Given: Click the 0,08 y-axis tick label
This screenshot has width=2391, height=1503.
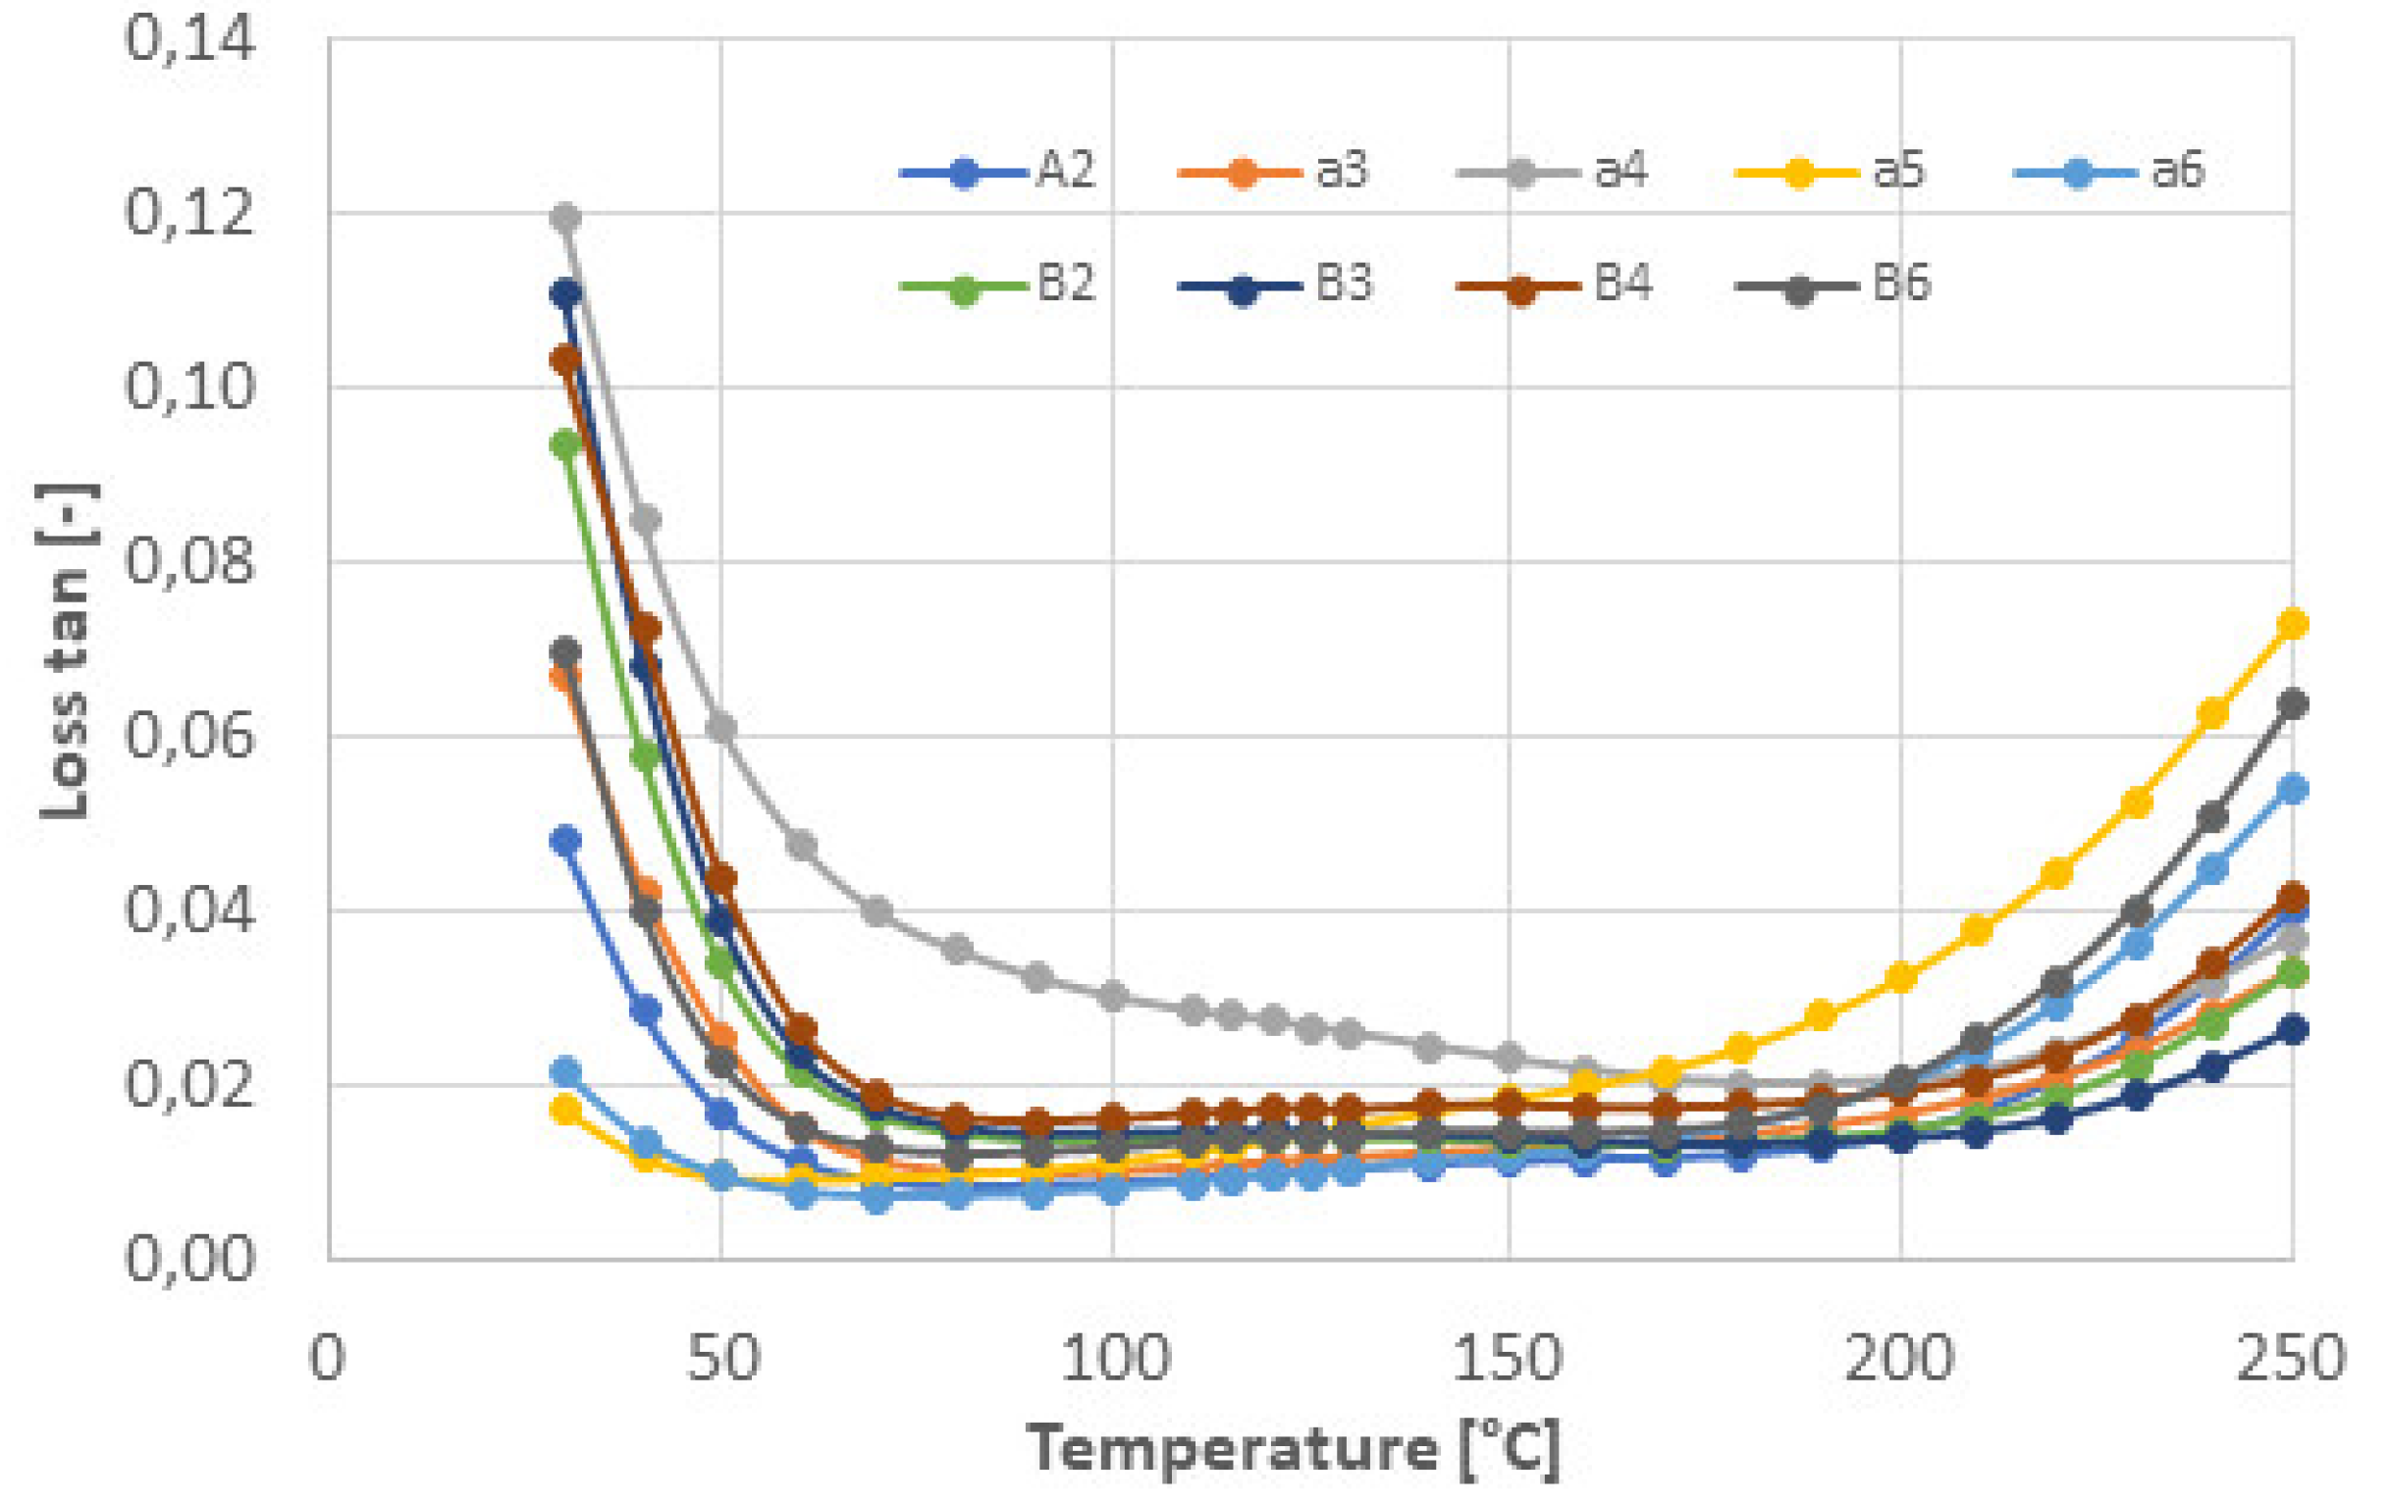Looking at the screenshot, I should pyautogui.click(x=189, y=563).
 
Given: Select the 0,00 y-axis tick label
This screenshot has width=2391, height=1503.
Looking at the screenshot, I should pyautogui.click(x=189, y=1260).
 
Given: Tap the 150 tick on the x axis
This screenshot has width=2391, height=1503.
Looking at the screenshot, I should pyautogui.click(x=1509, y=1359).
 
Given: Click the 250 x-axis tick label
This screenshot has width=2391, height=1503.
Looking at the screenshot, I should pyautogui.click(x=2290, y=1359).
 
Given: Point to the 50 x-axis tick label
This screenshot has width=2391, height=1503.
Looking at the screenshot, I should pyautogui.click(x=721, y=1359).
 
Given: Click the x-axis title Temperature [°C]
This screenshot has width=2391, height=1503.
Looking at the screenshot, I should pyautogui.click(x=1294, y=1450).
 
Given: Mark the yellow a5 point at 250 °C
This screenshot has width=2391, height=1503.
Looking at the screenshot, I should pyautogui.click(x=2293, y=624).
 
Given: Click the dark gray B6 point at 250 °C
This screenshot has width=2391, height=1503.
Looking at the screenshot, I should pyautogui.click(x=2293, y=704).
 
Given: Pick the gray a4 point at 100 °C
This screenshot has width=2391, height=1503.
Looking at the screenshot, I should pyautogui.click(x=1113, y=996).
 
